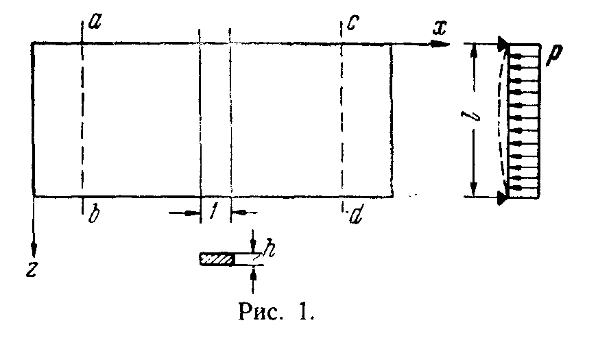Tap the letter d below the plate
[355, 217]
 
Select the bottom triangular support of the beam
[504, 197]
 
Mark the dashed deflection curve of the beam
[499, 120]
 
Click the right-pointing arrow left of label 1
[190, 213]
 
